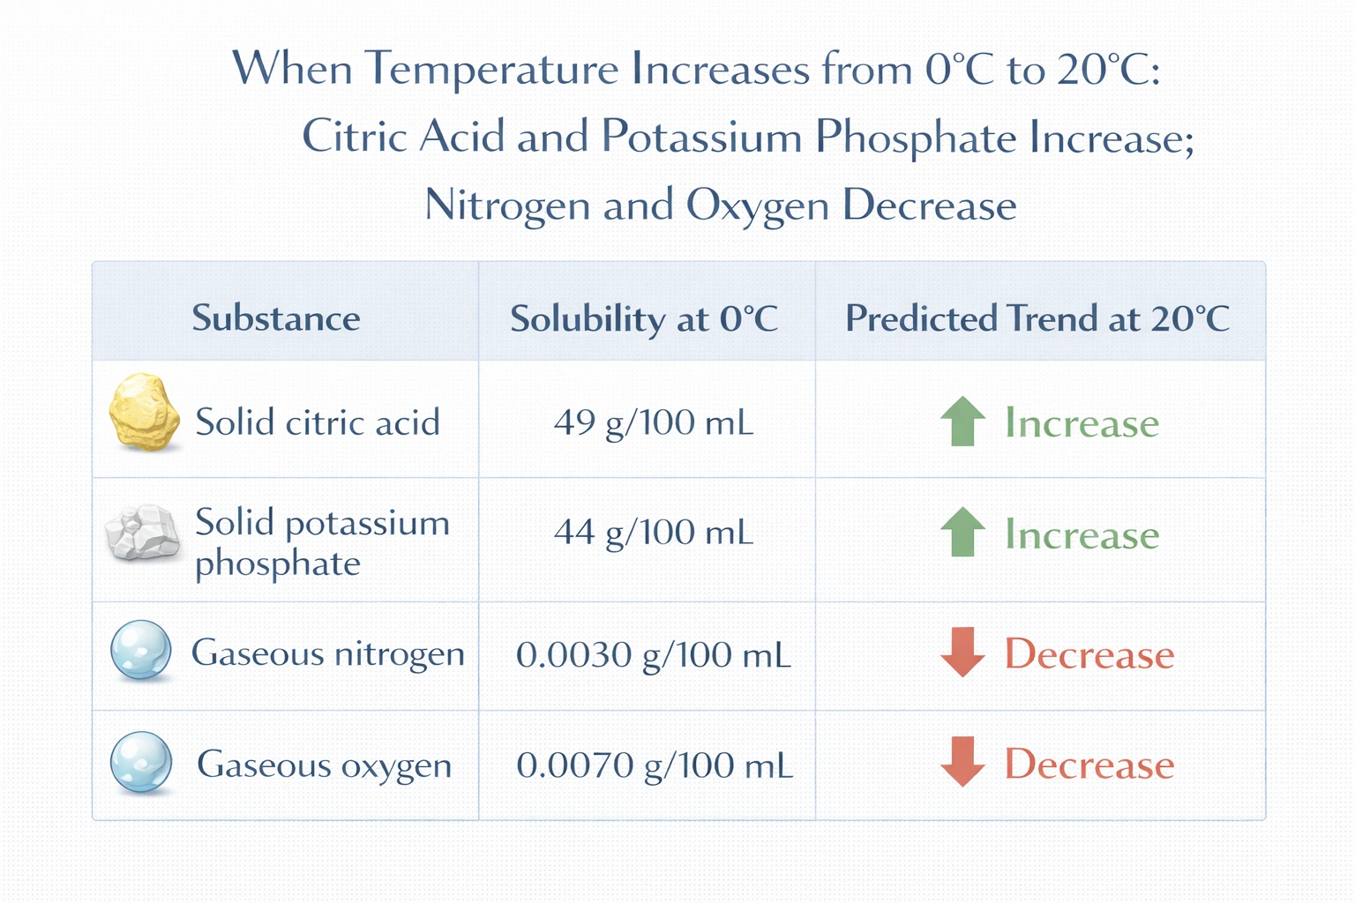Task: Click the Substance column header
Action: click(276, 318)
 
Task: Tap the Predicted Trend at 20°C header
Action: click(1037, 318)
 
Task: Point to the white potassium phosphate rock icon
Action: click(141, 532)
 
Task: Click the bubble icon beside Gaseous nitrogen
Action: click(141, 651)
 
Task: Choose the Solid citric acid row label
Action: click(318, 422)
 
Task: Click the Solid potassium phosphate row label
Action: click(322, 541)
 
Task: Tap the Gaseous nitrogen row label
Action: click(328, 653)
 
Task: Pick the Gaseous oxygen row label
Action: click(324, 765)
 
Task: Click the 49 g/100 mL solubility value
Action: click(654, 423)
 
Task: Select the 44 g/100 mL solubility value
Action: click(654, 533)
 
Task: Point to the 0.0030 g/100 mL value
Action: click(654, 655)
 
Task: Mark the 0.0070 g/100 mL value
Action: click(655, 765)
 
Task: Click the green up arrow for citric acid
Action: click(962, 422)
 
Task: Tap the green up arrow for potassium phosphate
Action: click(962, 532)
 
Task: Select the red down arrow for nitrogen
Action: click(962, 652)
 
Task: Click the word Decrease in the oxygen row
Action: click(1089, 764)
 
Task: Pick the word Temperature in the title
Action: click(492, 69)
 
